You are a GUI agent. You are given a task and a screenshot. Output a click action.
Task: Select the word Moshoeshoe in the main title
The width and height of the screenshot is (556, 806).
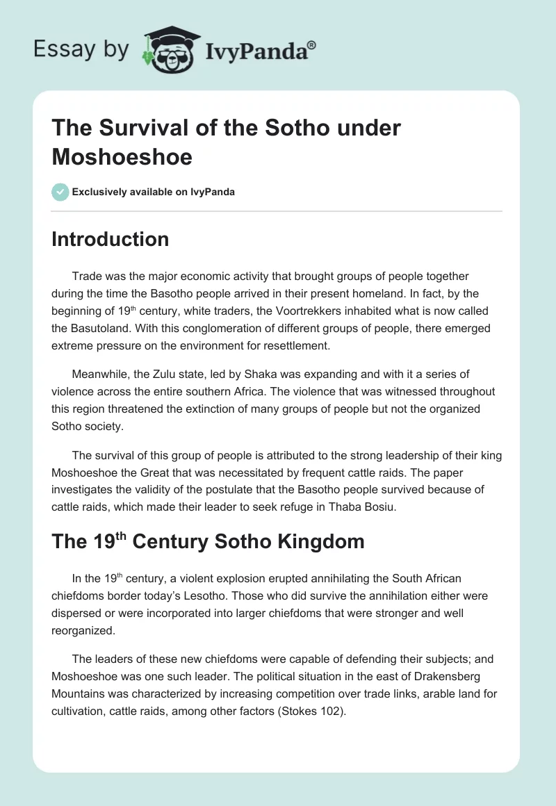click(122, 156)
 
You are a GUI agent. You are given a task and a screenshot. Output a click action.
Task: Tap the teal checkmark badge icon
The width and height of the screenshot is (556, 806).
click(60, 192)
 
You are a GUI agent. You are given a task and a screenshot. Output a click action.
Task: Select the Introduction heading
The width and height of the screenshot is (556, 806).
click(111, 239)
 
